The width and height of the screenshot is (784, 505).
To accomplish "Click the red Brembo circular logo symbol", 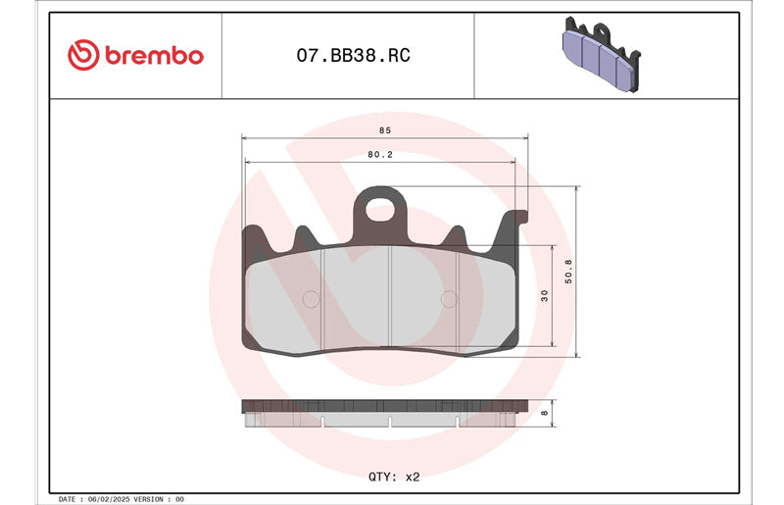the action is click(x=83, y=55).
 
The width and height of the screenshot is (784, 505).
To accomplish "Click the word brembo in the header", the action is click(x=154, y=55).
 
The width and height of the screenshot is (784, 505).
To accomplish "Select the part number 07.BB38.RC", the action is click(x=353, y=55).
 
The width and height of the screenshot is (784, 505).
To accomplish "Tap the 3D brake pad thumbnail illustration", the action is click(x=602, y=54).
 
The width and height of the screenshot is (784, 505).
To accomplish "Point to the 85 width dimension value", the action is click(x=384, y=130).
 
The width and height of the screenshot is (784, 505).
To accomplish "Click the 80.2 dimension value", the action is click(x=380, y=155).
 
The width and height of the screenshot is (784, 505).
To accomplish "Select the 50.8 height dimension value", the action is click(x=568, y=272).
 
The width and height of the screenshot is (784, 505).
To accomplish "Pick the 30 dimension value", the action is click(x=545, y=296).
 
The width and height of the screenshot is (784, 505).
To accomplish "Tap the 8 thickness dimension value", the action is click(x=545, y=414).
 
